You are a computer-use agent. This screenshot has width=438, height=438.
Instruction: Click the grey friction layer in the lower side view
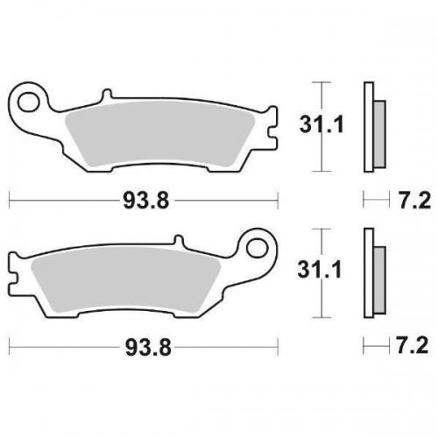tap(378, 276)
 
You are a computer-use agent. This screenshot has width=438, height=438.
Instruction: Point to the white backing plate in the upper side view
tap(368, 128)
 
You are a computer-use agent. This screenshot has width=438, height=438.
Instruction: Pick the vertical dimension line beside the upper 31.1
tap(320, 127)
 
